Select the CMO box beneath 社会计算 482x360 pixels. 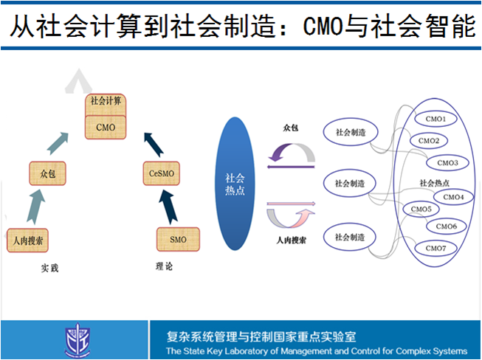[x=105, y=126]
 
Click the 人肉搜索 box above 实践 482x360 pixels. [x=27, y=240]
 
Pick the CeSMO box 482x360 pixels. [x=161, y=173]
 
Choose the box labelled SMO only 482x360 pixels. [x=177, y=239]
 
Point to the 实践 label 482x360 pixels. [x=49, y=267]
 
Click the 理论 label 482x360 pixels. [x=164, y=266]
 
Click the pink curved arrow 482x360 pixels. [x=291, y=215]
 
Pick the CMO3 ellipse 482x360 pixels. [x=447, y=162]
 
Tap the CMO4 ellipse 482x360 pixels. [x=453, y=197]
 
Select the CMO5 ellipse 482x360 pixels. [x=421, y=210]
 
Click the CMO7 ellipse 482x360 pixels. [x=435, y=248]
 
